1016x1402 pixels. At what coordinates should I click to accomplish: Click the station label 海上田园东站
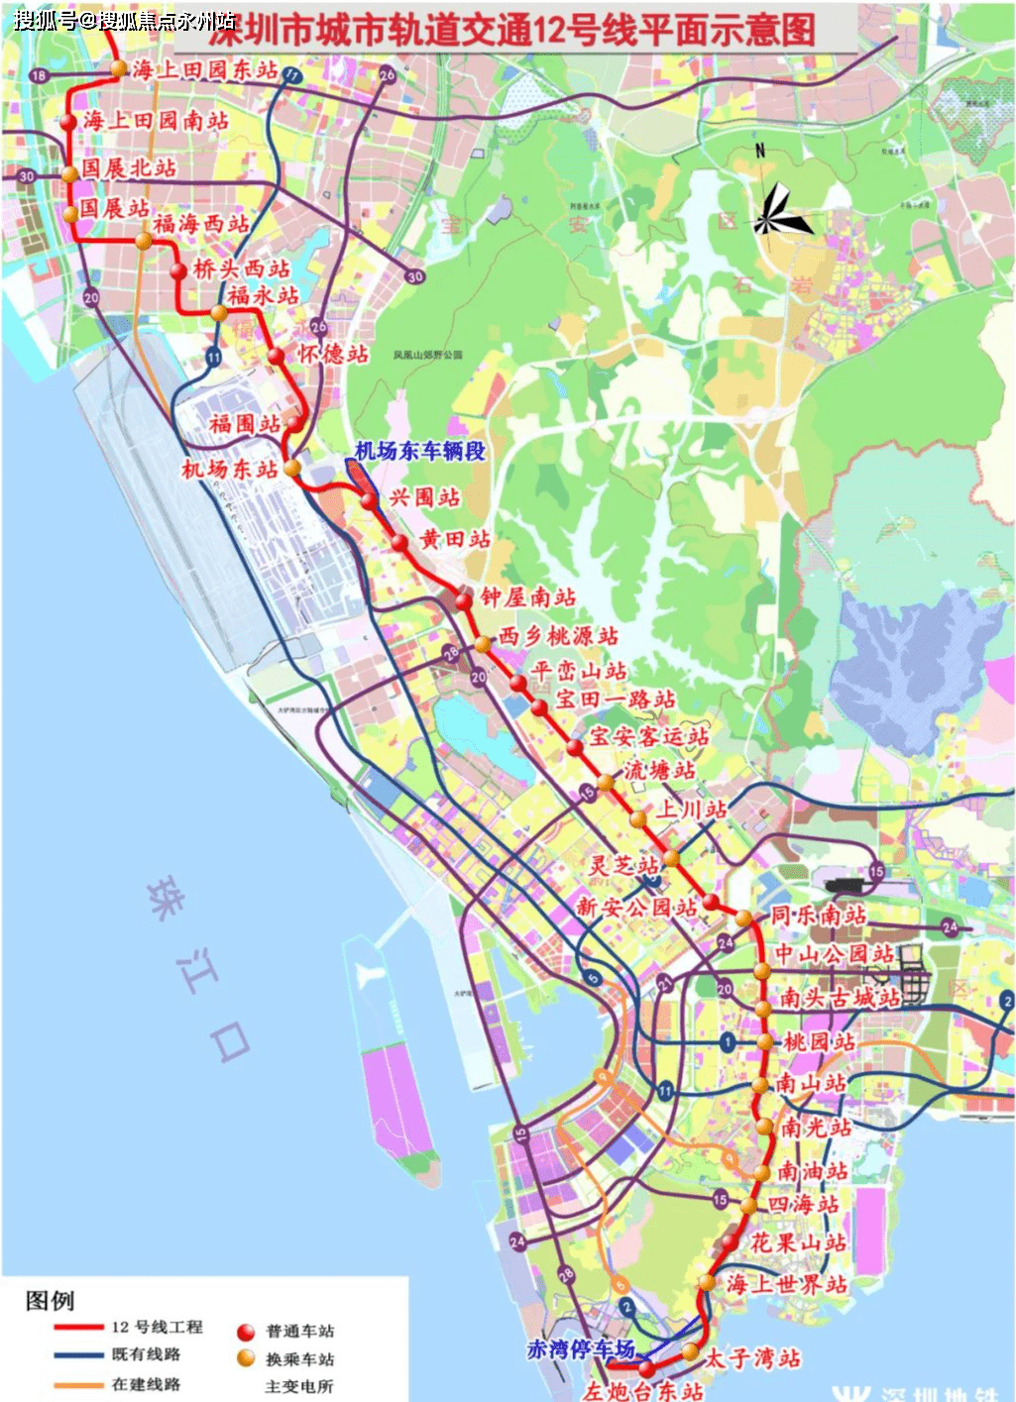point(205,69)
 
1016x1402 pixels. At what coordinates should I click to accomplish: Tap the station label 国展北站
point(129,167)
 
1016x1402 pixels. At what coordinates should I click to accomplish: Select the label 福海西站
point(201,223)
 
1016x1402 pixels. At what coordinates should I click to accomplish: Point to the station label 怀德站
point(333,354)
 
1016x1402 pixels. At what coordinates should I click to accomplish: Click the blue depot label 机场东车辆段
point(420,451)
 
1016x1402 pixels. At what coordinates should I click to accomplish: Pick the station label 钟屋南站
point(528,596)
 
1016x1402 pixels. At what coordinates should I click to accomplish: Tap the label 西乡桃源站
point(558,635)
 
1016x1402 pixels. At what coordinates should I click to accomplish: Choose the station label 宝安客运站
point(649,735)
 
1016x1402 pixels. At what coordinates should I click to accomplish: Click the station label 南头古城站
point(840,997)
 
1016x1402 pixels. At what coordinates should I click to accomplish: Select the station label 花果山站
point(798,1241)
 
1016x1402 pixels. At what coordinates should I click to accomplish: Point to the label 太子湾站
point(751,1357)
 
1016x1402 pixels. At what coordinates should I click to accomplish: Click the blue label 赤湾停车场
point(580,1348)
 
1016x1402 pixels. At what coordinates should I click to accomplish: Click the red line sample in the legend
point(79,1327)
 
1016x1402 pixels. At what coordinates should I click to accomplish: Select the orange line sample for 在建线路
point(79,1385)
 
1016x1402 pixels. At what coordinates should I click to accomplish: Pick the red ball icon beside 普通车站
point(246,1332)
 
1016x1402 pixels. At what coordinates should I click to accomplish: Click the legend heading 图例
point(50,1300)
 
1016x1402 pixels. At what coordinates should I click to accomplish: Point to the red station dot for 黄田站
point(399,543)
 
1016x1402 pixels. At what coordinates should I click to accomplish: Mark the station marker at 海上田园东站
point(119,68)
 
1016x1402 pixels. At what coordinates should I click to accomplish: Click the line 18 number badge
point(39,75)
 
